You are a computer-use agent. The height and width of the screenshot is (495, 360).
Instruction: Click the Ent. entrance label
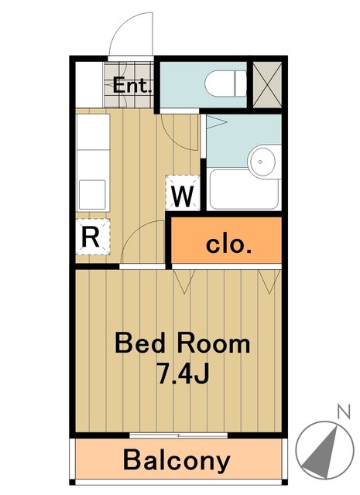coord(132,85)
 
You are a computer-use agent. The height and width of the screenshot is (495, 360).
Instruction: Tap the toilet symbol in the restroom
coord(225,84)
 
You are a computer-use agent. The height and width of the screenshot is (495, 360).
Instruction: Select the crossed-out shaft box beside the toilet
coord(267,84)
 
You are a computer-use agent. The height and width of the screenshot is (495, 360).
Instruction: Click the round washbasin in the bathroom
coord(260,162)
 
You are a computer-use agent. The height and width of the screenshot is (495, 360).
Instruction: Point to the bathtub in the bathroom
coord(244,189)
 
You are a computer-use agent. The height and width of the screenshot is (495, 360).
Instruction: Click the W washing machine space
coord(183,193)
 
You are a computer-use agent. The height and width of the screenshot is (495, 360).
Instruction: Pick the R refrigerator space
coord(93,237)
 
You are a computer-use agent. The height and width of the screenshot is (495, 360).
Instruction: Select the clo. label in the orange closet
coord(228,244)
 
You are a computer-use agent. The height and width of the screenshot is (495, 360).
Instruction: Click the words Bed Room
coord(183,343)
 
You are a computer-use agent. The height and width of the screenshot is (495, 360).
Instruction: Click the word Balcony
coord(177,461)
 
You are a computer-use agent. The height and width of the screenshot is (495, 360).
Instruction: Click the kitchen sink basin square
coord(92,195)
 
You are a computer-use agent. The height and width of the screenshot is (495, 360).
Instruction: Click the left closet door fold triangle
coord(184,282)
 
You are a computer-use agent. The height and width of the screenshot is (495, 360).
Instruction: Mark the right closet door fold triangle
coord(269,282)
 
